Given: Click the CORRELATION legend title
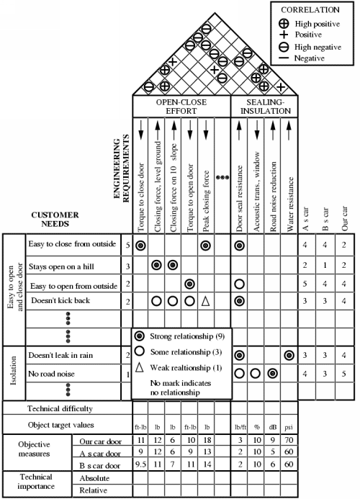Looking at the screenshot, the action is (x=310, y=10).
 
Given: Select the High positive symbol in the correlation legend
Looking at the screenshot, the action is (x=284, y=24).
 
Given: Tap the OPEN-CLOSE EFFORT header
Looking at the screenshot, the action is (x=181, y=107).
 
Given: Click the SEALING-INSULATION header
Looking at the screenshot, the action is (x=266, y=107).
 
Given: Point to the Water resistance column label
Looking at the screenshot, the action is (x=289, y=204).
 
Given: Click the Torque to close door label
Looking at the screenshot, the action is (x=141, y=197).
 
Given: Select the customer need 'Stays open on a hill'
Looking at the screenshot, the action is (x=61, y=266).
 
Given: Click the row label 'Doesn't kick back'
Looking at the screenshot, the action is (x=60, y=300).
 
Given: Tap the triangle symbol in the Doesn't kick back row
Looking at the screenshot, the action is (x=206, y=301).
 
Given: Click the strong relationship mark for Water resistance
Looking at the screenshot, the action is (x=289, y=355).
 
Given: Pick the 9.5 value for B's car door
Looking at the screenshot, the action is (x=140, y=464).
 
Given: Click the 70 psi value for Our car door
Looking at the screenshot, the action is (x=289, y=440).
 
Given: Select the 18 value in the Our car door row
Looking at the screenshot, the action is (x=207, y=440).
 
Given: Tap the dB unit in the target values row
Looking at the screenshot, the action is (x=273, y=427).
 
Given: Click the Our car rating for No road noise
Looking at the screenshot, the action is (x=343, y=374).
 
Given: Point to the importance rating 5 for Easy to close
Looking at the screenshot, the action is (x=127, y=245).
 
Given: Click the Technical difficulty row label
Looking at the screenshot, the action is (x=60, y=408).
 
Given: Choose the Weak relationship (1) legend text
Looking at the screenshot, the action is (x=186, y=368).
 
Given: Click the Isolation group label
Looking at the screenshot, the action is (x=14, y=370).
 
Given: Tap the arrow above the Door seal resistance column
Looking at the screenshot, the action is (x=239, y=130).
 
